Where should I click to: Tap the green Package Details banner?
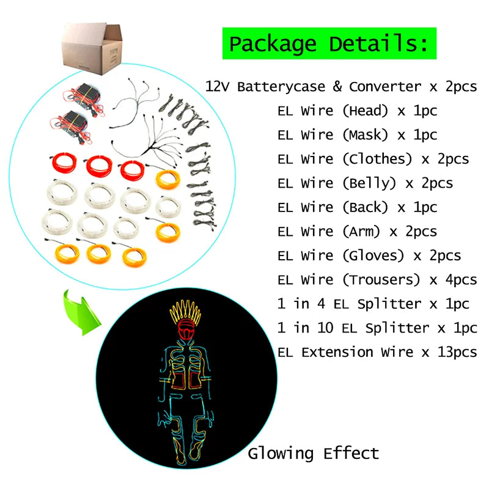(x=329, y=44)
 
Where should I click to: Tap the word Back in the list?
(x=366, y=207)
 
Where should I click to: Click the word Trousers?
(x=381, y=279)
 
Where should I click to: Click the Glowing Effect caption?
(x=313, y=453)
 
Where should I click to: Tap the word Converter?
(x=383, y=87)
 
